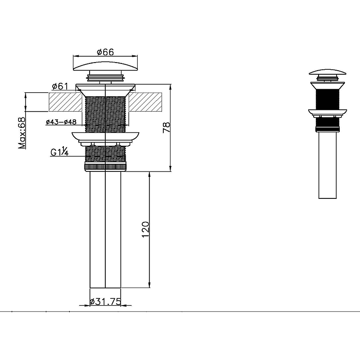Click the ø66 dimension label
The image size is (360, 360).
(105, 52)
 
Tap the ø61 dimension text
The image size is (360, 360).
(60, 86)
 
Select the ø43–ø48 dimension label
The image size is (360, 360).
(61, 122)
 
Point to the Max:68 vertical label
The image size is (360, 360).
(22, 133)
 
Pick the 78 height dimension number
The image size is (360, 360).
(166, 127)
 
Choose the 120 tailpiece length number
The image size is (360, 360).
(145, 229)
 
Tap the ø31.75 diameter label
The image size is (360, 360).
(105, 301)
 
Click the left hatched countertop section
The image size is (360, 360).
(65, 102)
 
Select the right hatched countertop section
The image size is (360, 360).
(145, 102)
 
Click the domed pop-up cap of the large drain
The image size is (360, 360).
(105, 66)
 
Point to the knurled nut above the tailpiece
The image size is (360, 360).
(105, 167)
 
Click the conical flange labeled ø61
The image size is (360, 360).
(105, 90)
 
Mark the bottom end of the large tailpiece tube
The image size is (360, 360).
(105, 288)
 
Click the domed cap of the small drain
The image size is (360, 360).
(328, 72)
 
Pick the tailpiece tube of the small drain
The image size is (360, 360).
(328, 165)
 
